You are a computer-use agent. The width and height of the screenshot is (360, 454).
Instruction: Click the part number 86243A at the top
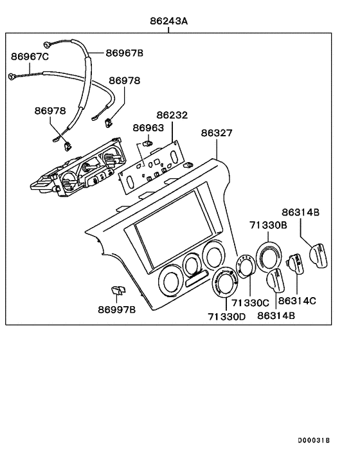169,21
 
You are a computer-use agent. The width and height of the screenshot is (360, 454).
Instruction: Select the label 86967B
125,53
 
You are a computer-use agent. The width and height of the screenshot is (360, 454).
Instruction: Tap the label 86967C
30,57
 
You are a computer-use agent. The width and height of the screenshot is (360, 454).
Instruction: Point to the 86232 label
172,116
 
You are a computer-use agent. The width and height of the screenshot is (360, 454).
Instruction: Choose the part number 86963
148,127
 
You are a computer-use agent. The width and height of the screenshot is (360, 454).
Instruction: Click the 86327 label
217,134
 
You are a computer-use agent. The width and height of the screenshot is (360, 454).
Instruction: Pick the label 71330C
250,302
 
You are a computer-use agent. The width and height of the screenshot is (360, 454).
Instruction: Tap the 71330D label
227,316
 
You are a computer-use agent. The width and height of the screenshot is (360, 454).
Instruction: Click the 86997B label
117,310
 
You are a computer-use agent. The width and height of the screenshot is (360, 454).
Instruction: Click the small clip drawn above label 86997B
118,291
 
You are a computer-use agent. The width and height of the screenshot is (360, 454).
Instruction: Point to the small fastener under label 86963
147,143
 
